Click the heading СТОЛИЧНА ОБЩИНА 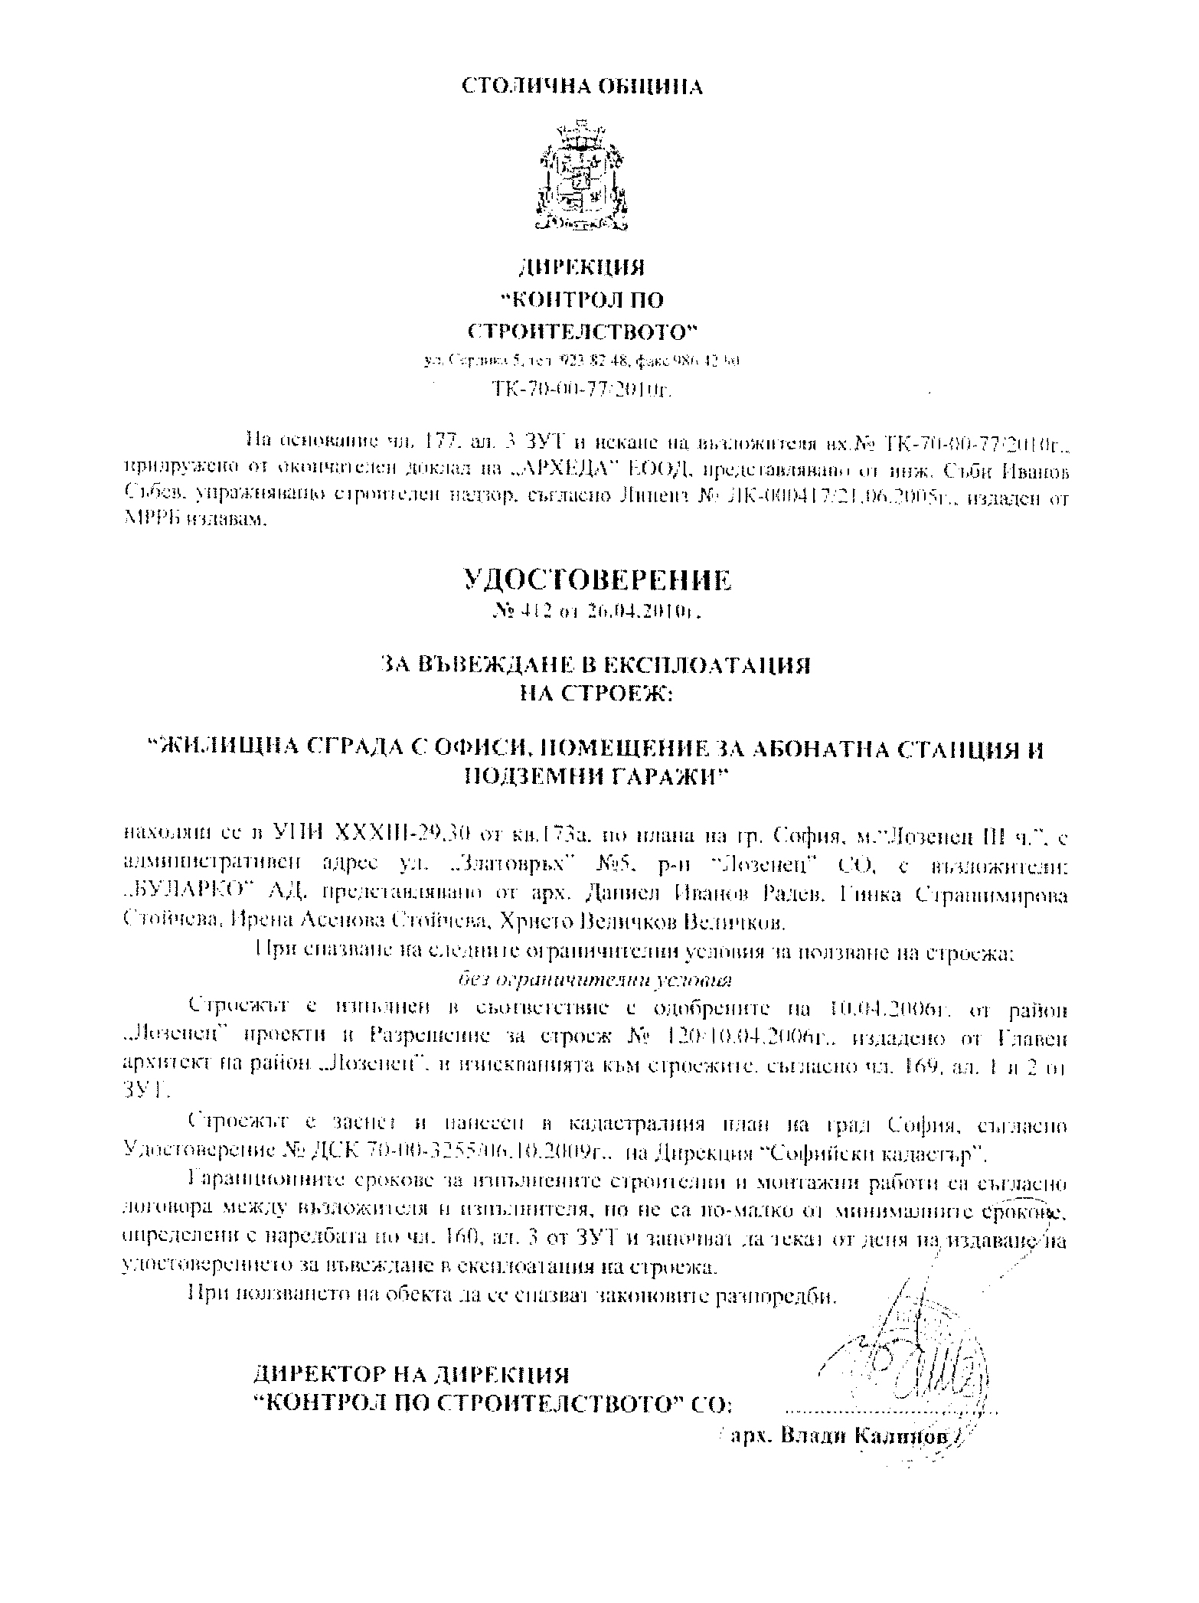coord(582,87)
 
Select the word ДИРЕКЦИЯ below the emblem coord(582,267)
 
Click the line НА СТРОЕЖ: coord(595,694)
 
